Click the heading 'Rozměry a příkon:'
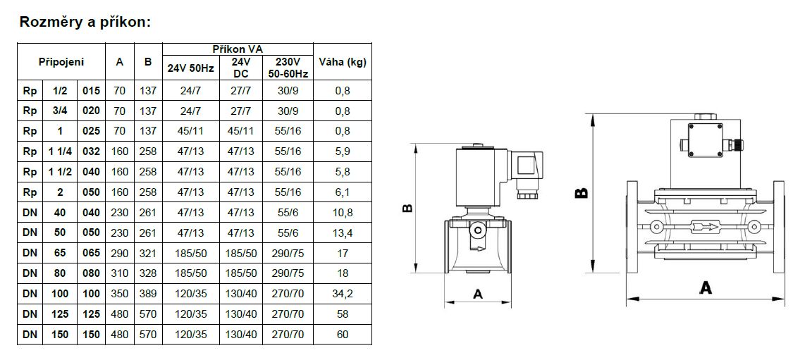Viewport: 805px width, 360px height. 85,23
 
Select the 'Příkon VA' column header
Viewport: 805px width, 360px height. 238,49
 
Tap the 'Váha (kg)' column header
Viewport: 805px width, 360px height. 343,62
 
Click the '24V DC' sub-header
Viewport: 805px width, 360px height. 241,68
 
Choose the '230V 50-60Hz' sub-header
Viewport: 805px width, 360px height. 288,68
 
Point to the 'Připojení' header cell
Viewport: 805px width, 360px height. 61,62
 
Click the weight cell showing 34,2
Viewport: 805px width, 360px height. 343,294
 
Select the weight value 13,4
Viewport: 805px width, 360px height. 343,232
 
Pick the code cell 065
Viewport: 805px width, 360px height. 92,254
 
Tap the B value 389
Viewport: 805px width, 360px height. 148,294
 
